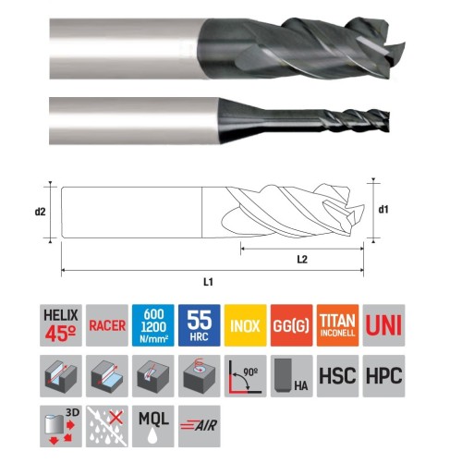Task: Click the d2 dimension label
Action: click(x=40, y=212)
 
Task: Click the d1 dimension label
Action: click(x=383, y=210)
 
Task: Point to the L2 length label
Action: click(x=302, y=260)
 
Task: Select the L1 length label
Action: click(x=208, y=282)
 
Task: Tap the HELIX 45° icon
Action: click(x=61, y=325)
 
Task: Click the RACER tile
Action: click(x=107, y=325)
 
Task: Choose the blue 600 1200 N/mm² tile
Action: click(x=153, y=325)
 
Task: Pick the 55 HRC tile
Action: click(x=200, y=325)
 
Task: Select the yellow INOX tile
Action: click(x=246, y=325)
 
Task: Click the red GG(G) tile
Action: click(x=292, y=325)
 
